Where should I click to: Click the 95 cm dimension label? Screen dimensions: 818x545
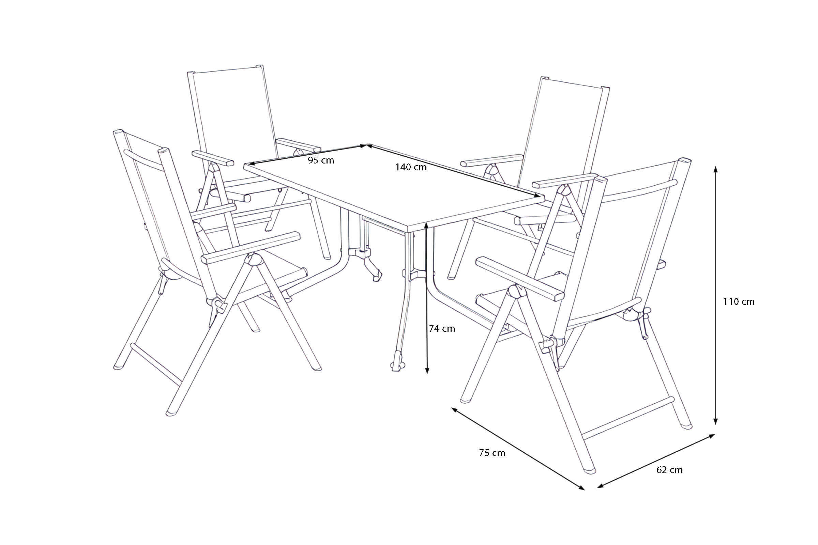click(x=321, y=160)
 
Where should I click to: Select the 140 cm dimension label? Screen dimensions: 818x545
click(x=411, y=167)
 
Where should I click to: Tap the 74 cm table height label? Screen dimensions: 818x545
click(x=442, y=328)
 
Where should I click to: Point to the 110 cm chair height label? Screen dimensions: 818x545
click(x=739, y=302)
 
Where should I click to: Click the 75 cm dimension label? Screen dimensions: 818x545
click(x=492, y=453)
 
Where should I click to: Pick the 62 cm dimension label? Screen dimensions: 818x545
click(x=669, y=470)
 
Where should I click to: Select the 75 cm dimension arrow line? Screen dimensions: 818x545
click(x=518, y=449)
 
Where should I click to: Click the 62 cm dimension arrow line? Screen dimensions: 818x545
click(x=656, y=461)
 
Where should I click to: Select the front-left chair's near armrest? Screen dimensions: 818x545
click(x=251, y=248)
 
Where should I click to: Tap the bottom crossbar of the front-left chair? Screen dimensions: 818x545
click(x=156, y=365)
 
